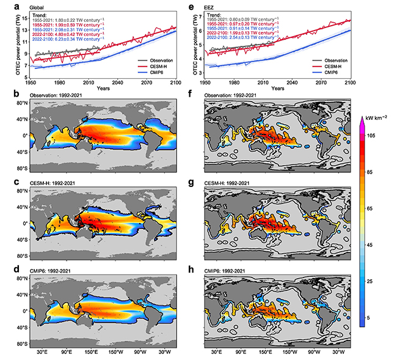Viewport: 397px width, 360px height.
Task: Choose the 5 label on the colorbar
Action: coord(370,318)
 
